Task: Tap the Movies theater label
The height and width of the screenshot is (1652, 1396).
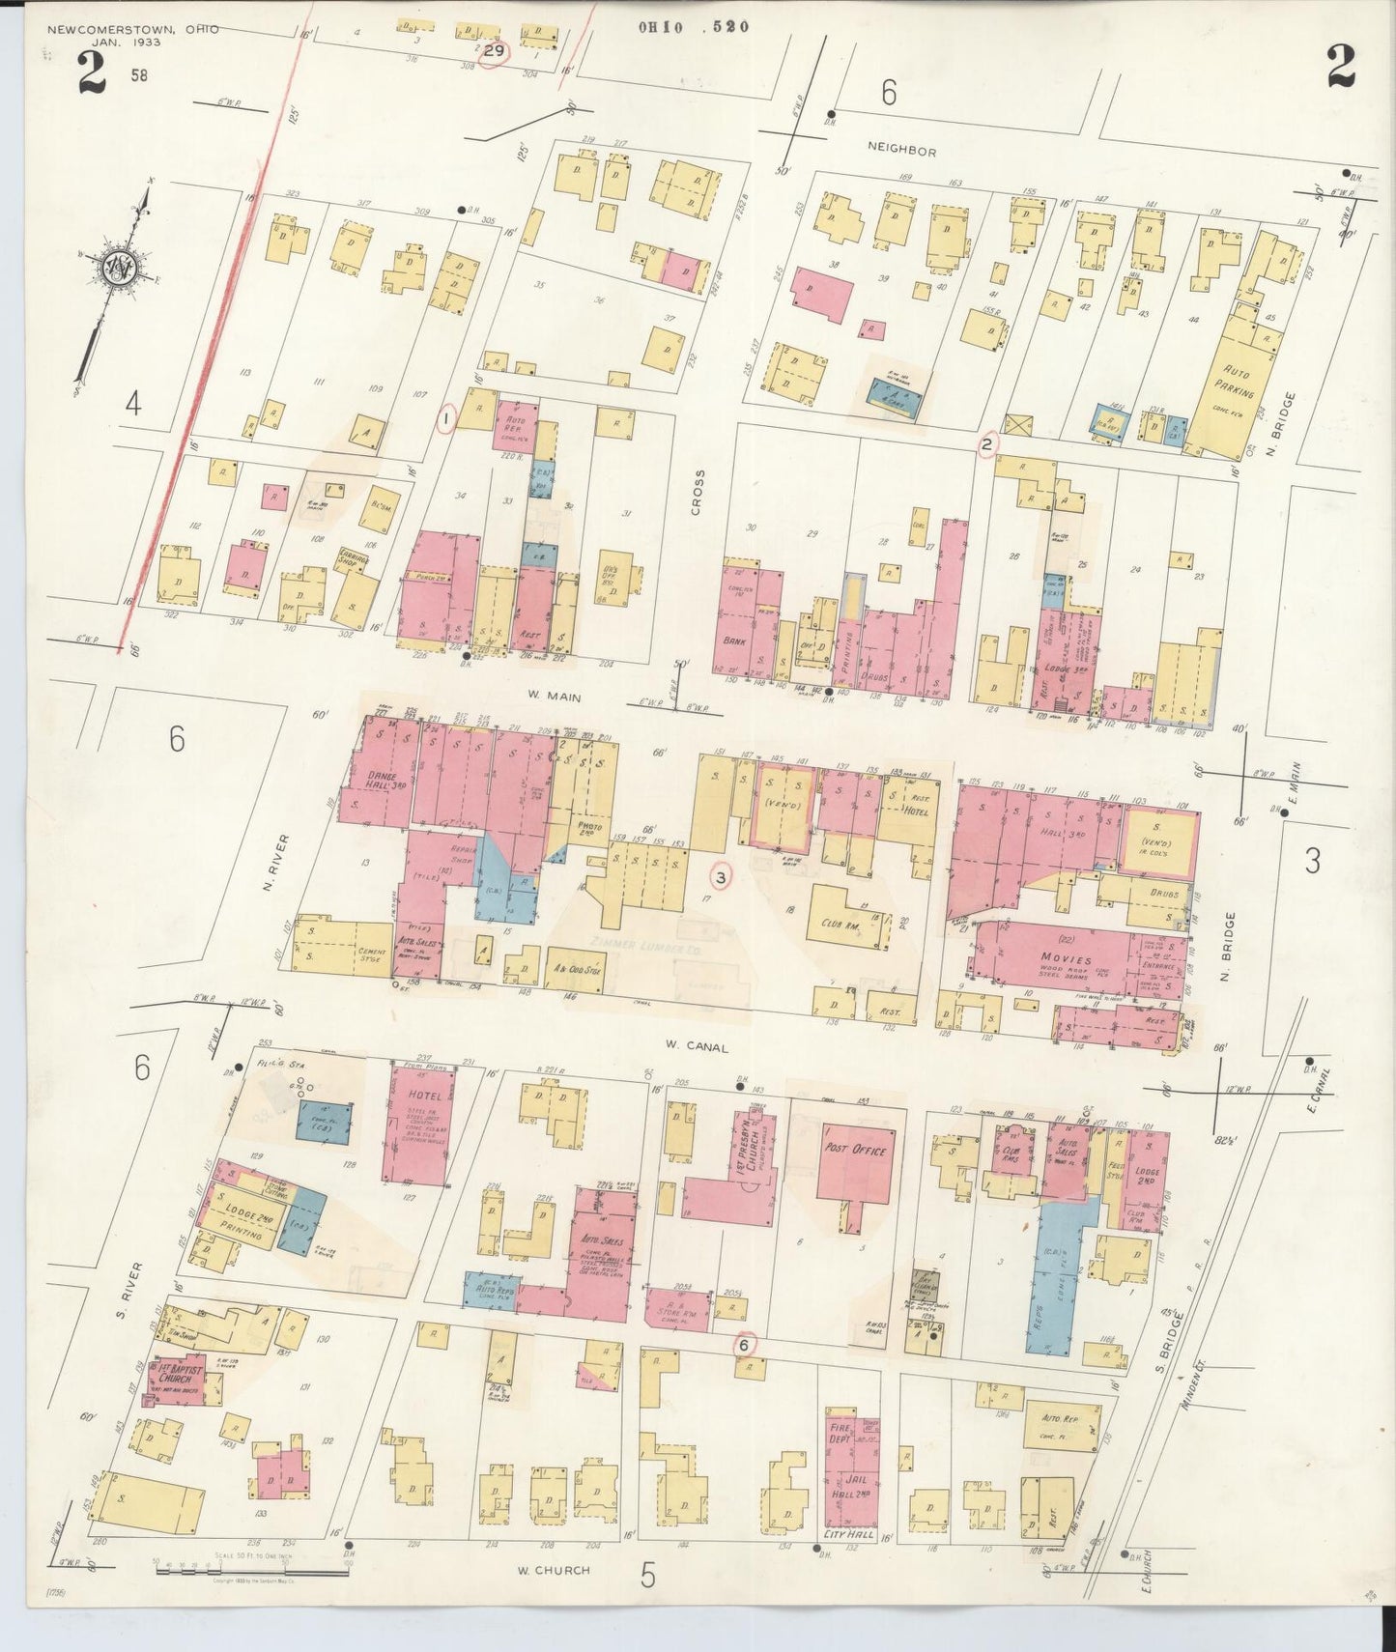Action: tap(1066, 958)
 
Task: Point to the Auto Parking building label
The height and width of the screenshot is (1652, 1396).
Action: tap(1236, 384)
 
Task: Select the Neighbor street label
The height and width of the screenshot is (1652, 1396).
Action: tap(900, 152)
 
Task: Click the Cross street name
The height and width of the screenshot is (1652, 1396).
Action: tap(698, 492)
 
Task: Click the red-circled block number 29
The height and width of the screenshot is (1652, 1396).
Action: tap(495, 51)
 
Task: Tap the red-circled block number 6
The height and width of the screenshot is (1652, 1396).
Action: tap(743, 1344)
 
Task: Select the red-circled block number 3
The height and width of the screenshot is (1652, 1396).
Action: tap(722, 877)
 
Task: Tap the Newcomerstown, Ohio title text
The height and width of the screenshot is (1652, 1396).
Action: tap(132, 29)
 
